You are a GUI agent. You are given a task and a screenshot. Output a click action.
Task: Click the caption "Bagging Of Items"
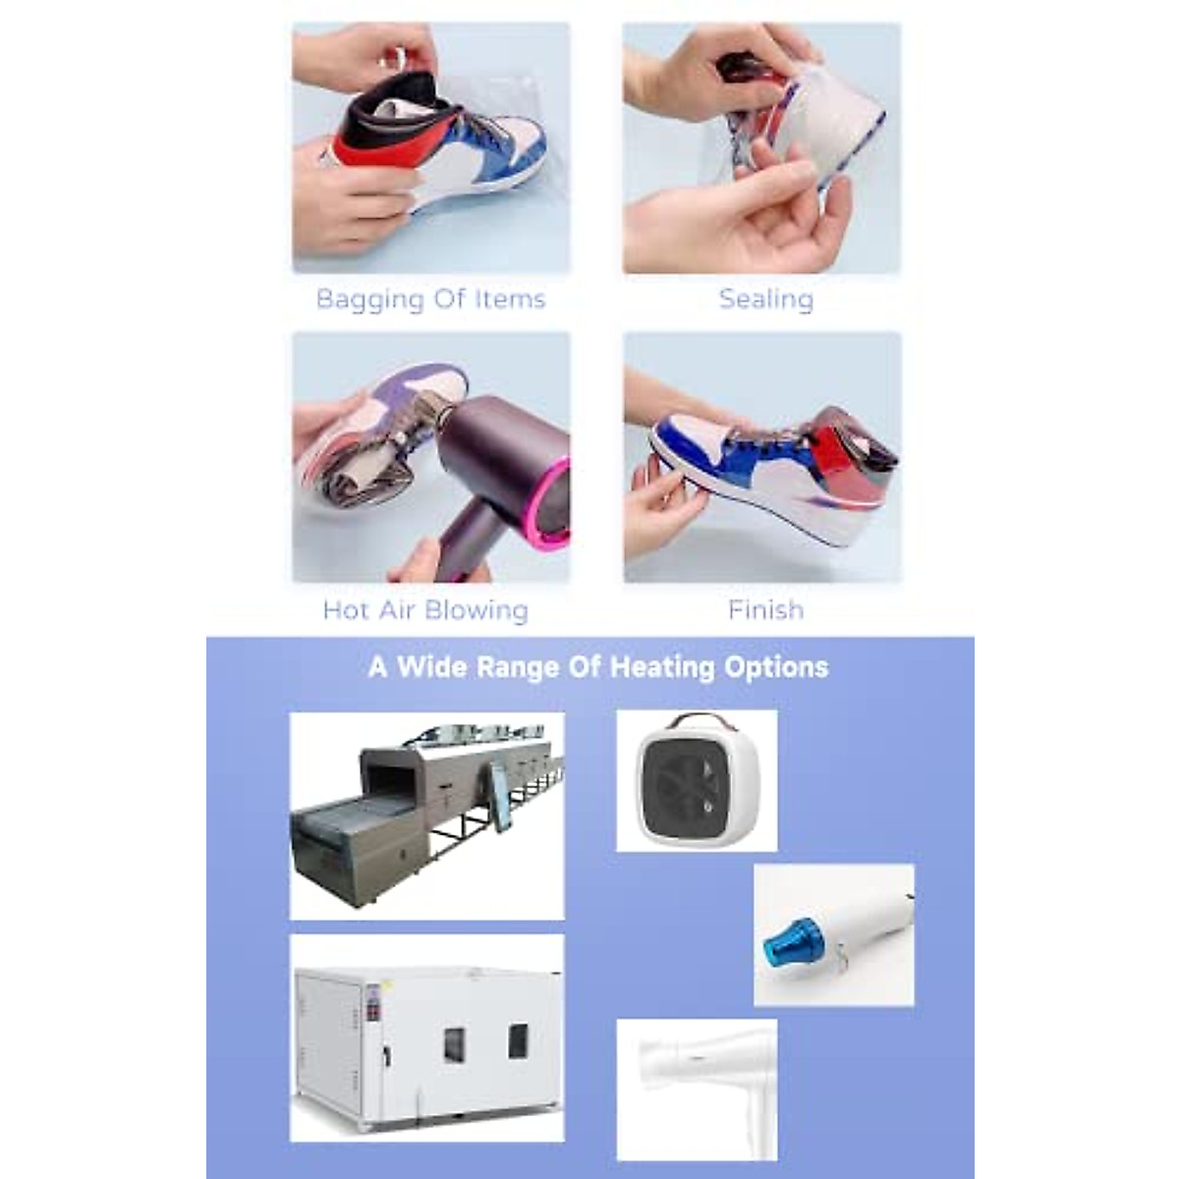pos(430,299)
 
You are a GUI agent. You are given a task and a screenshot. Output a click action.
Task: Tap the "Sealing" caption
pos(765,299)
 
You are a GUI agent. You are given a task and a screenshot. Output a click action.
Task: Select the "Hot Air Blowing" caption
pos(425,610)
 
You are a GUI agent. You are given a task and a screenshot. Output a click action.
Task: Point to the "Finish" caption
pos(765,610)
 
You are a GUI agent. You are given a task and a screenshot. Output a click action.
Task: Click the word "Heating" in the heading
pos(662,667)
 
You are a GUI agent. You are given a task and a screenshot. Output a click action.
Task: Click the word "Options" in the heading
pos(776,667)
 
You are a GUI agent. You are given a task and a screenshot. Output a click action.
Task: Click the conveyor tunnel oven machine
pos(426,814)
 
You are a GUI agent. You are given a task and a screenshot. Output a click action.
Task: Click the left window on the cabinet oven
pos(454,1044)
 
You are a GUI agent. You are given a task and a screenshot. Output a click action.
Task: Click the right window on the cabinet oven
pos(518,1040)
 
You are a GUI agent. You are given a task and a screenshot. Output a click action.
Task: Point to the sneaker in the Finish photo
pos(776,477)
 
